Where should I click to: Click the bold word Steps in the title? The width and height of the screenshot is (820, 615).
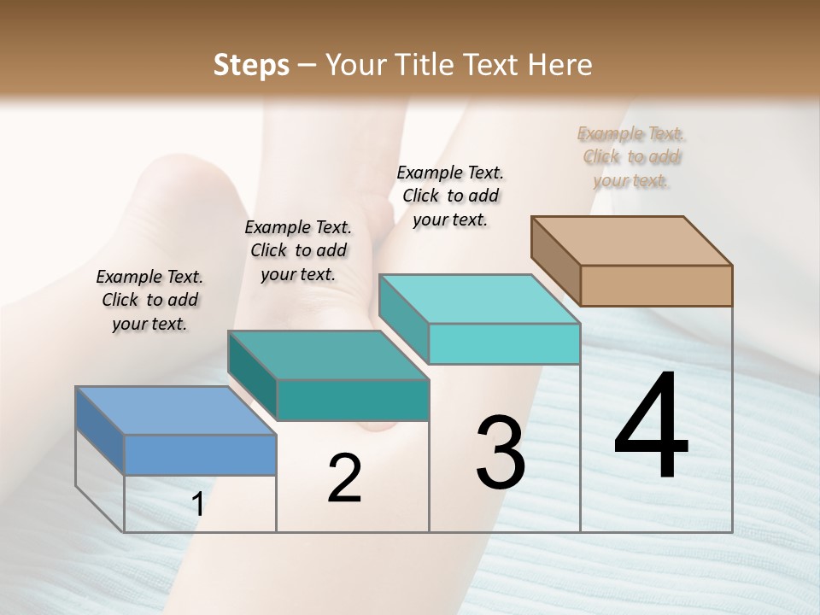pos(251,65)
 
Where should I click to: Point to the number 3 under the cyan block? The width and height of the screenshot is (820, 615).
pos(501,453)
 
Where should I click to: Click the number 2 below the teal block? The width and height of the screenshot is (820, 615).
pos(344,478)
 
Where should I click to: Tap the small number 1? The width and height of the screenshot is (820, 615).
pos(197,505)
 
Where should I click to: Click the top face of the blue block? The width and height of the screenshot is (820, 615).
pos(175,411)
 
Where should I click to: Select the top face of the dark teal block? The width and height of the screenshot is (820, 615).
pos(327,354)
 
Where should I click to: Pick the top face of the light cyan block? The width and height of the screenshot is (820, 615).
pos(479,299)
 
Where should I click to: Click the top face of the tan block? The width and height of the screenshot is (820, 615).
pos(631,241)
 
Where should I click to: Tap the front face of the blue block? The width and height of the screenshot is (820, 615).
pos(200,454)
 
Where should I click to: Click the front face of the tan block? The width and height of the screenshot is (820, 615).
pos(656,285)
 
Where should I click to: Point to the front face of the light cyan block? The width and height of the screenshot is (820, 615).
pos(504,343)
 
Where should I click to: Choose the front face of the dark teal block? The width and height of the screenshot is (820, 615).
pos(352,400)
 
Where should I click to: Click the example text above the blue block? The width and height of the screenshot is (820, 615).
pos(149,300)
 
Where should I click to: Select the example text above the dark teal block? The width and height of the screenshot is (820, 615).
pos(298,250)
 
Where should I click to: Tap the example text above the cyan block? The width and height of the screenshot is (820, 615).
pos(450,196)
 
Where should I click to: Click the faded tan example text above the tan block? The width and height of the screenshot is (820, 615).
pos(631,156)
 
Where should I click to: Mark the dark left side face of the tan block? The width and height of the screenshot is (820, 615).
pos(555,261)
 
